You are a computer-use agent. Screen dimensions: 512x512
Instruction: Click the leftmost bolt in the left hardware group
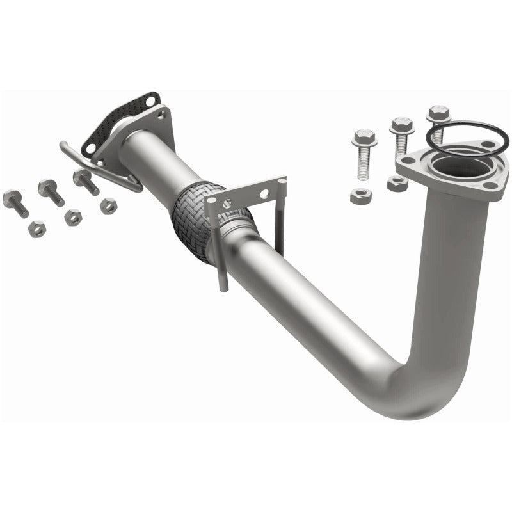(x=15, y=202)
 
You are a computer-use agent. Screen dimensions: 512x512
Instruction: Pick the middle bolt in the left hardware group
(x=51, y=191)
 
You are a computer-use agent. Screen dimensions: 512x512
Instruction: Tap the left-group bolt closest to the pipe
(x=85, y=180)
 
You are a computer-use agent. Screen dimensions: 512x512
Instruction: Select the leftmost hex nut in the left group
(x=37, y=228)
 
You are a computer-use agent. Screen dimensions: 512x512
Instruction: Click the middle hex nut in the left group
(x=73, y=217)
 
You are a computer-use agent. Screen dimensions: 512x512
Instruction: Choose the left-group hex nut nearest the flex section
(x=108, y=206)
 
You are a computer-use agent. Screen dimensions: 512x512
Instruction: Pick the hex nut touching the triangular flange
(x=397, y=184)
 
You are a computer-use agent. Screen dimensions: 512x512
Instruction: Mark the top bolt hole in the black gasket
(x=150, y=100)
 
